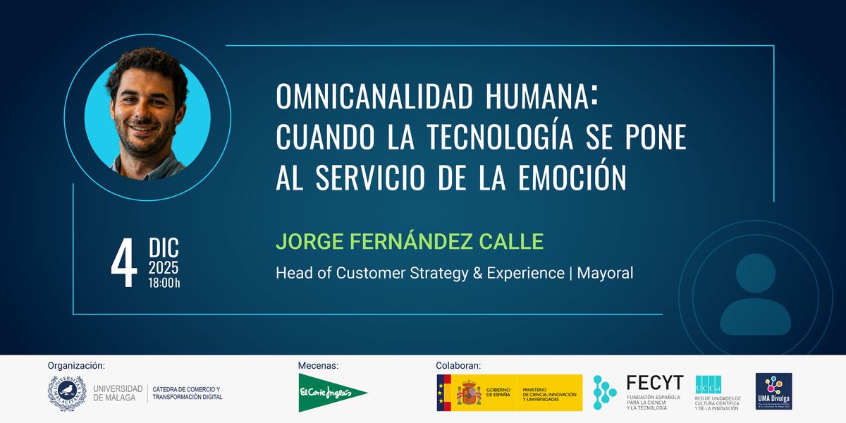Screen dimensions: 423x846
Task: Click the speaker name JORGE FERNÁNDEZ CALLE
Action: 410,241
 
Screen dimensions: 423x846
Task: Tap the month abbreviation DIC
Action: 164,249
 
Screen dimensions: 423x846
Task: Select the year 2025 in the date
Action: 163,269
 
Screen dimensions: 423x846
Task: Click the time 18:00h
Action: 164,283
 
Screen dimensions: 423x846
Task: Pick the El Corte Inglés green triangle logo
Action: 332,393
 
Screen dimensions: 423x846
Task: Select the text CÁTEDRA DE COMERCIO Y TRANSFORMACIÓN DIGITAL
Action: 187,393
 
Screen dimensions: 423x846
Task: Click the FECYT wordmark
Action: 654,383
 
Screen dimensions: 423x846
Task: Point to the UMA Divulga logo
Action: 773,391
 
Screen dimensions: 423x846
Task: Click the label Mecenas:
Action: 319,366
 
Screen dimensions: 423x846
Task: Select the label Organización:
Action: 76,366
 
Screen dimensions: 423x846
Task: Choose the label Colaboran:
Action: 458,366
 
